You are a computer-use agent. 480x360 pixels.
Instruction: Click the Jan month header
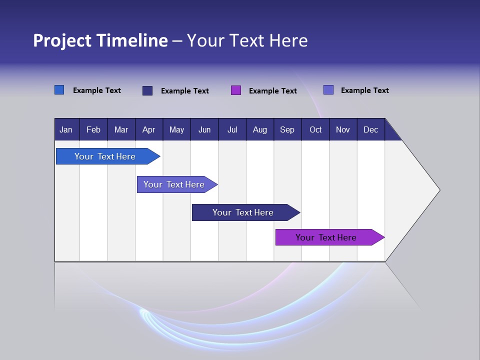tap(66, 129)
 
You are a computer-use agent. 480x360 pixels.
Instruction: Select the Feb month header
tap(93, 129)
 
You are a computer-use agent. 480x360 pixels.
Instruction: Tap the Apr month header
tap(148, 129)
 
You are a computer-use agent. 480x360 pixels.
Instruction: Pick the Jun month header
tap(204, 129)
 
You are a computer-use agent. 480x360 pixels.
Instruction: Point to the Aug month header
tap(260, 129)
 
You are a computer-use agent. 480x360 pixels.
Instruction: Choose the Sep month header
tap(287, 129)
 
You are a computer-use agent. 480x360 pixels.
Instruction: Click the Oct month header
tap(315, 129)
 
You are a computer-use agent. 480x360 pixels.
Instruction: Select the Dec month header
tap(370, 129)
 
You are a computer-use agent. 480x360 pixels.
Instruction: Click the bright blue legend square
tap(59, 90)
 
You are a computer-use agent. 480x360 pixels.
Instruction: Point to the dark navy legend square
tap(147, 90)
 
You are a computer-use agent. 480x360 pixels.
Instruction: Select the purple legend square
tap(236, 90)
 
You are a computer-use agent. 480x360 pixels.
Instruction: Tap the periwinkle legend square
tap(328, 90)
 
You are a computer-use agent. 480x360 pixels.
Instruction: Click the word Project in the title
tap(62, 40)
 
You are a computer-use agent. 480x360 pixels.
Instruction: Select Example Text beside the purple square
tap(272, 91)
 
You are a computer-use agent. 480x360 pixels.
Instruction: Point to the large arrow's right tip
tap(439, 190)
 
